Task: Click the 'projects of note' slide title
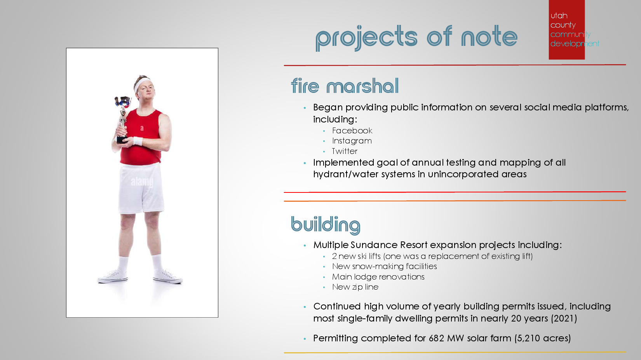tap(416, 38)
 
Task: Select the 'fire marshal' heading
tap(345, 86)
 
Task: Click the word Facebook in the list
tap(352, 131)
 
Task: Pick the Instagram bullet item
tap(352, 141)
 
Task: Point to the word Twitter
tap(345, 151)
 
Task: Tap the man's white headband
tap(142, 84)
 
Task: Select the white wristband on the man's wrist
tap(138, 141)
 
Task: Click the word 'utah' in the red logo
tap(559, 16)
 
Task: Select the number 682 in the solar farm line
tap(436, 338)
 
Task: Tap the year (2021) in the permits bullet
tap(564, 318)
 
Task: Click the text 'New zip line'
tap(355, 287)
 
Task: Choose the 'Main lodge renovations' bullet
tap(378, 277)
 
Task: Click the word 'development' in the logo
tap(575, 44)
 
